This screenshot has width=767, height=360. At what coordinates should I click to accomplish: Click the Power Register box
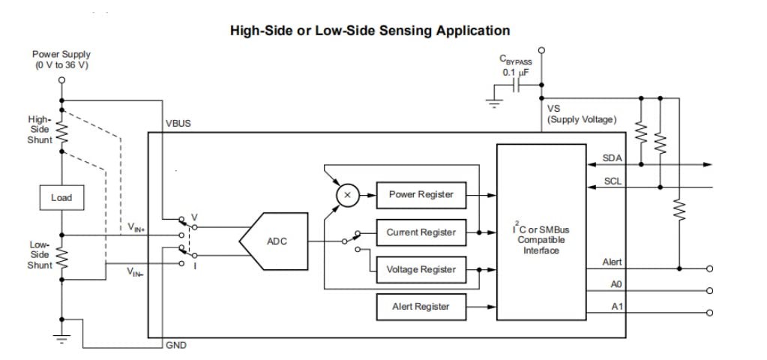[x=421, y=195]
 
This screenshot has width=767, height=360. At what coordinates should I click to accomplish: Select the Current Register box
[x=421, y=232]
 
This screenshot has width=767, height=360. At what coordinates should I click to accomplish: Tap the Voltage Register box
[x=421, y=270]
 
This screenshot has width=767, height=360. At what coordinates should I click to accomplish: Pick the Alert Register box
[x=421, y=306]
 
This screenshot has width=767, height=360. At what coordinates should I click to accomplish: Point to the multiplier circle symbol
[x=346, y=195]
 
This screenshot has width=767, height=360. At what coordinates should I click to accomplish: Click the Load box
[x=61, y=198]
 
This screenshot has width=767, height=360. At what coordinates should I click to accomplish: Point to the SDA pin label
[x=612, y=158]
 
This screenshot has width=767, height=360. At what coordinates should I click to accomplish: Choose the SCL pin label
[x=612, y=181]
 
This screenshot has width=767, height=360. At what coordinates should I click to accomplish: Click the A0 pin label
[x=616, y=284]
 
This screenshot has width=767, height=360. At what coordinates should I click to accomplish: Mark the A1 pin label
[x=616, y=307]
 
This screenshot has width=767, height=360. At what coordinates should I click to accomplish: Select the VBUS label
[x=178, y=124]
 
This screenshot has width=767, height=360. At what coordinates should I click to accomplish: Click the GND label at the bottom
[x=176, y=345]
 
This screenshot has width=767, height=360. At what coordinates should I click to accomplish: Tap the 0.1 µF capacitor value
[x=515, y=73]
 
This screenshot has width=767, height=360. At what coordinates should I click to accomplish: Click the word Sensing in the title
[x=412, y=31]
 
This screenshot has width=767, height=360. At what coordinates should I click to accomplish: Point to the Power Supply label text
[x=61, y=55]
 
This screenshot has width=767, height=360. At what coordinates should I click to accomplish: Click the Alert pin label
[x=612, y=262]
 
